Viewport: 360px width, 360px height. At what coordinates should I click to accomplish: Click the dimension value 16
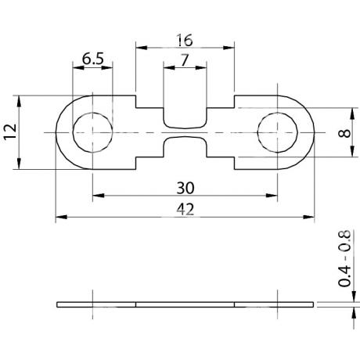click(185, 40)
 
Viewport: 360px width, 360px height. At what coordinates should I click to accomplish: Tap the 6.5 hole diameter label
click(93, 59)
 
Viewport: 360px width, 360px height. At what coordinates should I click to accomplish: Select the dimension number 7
click(185, 60)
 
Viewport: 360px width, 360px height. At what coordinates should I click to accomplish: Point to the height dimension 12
click(10, 132)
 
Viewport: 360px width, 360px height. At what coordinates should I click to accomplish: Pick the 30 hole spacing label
click(185, 188)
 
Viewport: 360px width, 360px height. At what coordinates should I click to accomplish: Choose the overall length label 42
click(185, 210)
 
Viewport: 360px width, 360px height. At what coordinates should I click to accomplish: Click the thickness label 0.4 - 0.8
click(344, 258)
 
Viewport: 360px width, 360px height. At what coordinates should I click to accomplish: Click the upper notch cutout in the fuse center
click(185, 117)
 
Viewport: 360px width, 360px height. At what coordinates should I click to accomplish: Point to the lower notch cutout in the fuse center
click(185, 147)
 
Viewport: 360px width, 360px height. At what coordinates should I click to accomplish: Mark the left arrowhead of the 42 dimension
click(62, 217)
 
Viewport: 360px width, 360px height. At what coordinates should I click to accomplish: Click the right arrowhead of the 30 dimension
click(272, 196)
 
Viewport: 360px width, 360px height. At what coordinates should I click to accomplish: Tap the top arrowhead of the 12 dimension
click(19, 101)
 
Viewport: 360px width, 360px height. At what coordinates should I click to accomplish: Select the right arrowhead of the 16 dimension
click(229, 48)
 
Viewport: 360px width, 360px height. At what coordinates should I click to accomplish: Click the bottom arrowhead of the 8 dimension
click(352, 151)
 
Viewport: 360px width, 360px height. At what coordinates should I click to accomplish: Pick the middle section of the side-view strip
click(185, 304)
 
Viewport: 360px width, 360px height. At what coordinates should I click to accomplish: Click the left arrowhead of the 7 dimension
click(169, 68)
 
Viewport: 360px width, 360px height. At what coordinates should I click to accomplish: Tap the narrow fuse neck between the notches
click(185, 132)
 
